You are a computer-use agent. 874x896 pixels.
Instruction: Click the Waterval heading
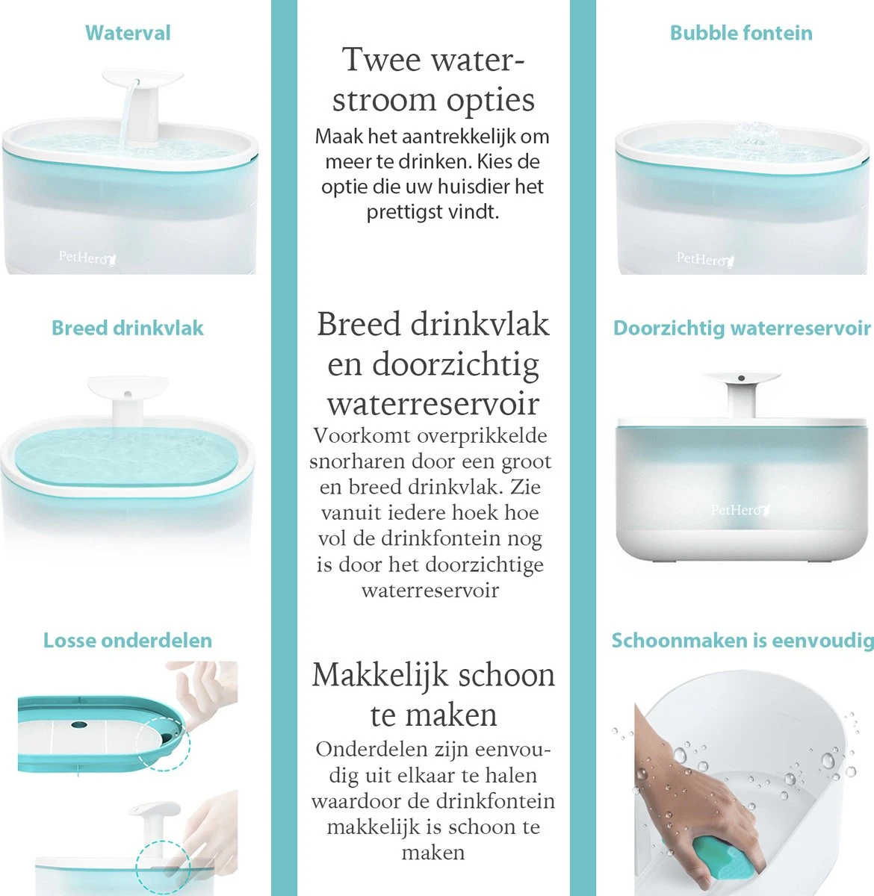tap(128, 33)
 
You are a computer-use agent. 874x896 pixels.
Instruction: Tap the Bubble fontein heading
tap(741, 33)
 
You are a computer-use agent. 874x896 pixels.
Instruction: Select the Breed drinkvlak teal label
tap(127, 328)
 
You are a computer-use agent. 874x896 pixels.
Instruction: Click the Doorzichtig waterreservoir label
tap(741, 329)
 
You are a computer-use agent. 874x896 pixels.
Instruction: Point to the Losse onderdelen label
tap(128, 640)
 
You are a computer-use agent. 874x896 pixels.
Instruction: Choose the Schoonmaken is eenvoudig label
tap(743, 641)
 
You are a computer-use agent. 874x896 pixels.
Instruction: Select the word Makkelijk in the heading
tap(379, 675)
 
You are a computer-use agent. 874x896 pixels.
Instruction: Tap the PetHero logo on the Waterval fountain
tap(87, 258)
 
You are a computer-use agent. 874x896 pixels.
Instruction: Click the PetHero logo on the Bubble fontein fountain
tap(705, 259)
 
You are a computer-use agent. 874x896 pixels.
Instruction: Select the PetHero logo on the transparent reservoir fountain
tap(740, 510)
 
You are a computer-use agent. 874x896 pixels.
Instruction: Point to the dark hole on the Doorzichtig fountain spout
tap(741, 378)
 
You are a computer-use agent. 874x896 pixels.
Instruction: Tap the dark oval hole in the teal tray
tap(78, 724)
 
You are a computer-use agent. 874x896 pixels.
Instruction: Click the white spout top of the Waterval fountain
tap(142, 78)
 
